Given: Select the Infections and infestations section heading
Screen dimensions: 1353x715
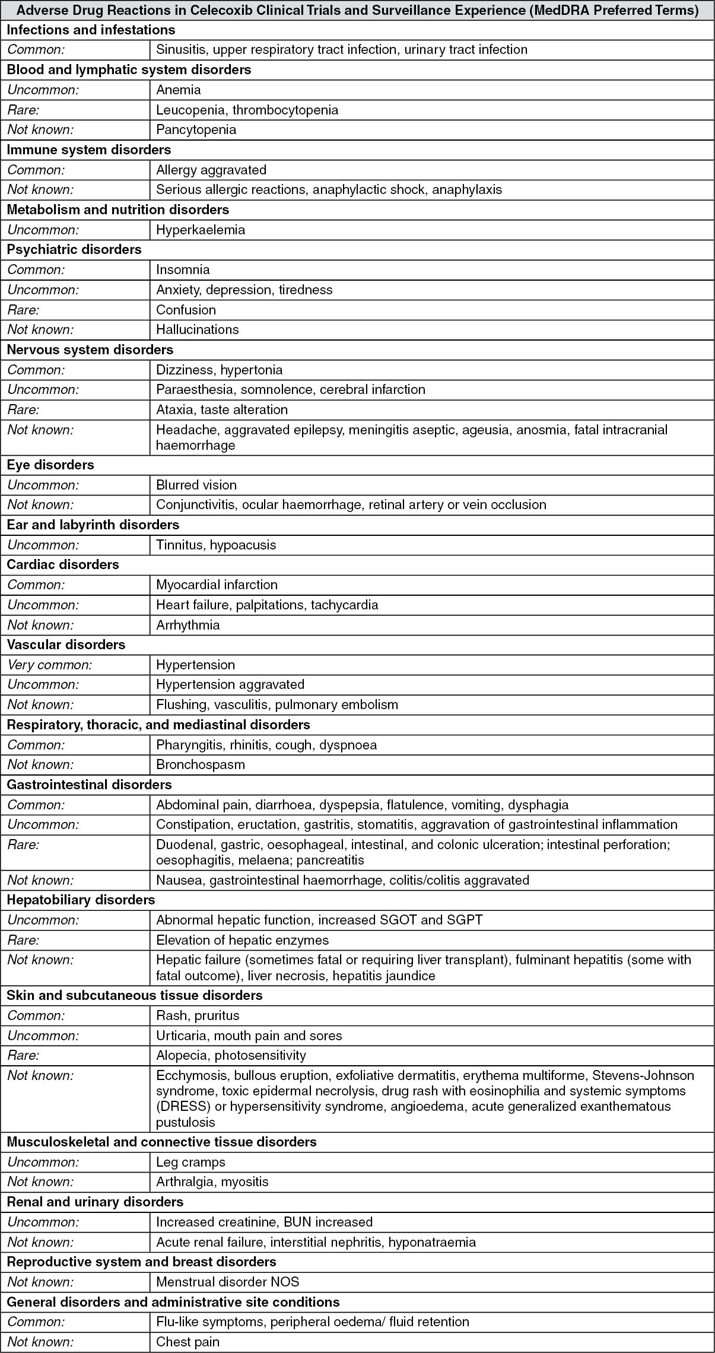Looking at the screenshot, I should point(91,30).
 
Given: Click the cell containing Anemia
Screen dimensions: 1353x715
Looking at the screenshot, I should point(179,90).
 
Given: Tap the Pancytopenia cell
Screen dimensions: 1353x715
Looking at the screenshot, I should point(196,129).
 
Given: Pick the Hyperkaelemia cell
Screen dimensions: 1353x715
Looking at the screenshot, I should point(201,230).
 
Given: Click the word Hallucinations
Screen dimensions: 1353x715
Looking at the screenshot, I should point(197,329).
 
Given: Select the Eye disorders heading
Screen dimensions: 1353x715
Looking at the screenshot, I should point(50,465).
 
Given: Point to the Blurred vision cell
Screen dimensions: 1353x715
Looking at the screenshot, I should point(196,485).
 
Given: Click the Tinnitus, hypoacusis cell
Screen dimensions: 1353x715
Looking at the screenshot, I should point(216,545).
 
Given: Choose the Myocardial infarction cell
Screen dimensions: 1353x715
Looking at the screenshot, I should point(217,585).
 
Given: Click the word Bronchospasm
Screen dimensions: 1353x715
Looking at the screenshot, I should point(201,764).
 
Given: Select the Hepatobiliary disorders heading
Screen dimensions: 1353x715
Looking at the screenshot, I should point(81,900).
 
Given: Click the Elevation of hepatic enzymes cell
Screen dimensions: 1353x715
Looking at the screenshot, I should point(242,940).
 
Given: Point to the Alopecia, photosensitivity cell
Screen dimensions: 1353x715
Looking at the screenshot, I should point(231,1055).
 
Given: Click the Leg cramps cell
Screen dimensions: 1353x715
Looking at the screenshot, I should point(190,1162).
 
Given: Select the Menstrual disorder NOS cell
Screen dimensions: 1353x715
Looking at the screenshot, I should point(227,1282).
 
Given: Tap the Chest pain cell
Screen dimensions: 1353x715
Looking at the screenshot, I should point(188,1342).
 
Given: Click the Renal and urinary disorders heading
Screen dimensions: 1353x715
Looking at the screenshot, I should point(95,1202).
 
